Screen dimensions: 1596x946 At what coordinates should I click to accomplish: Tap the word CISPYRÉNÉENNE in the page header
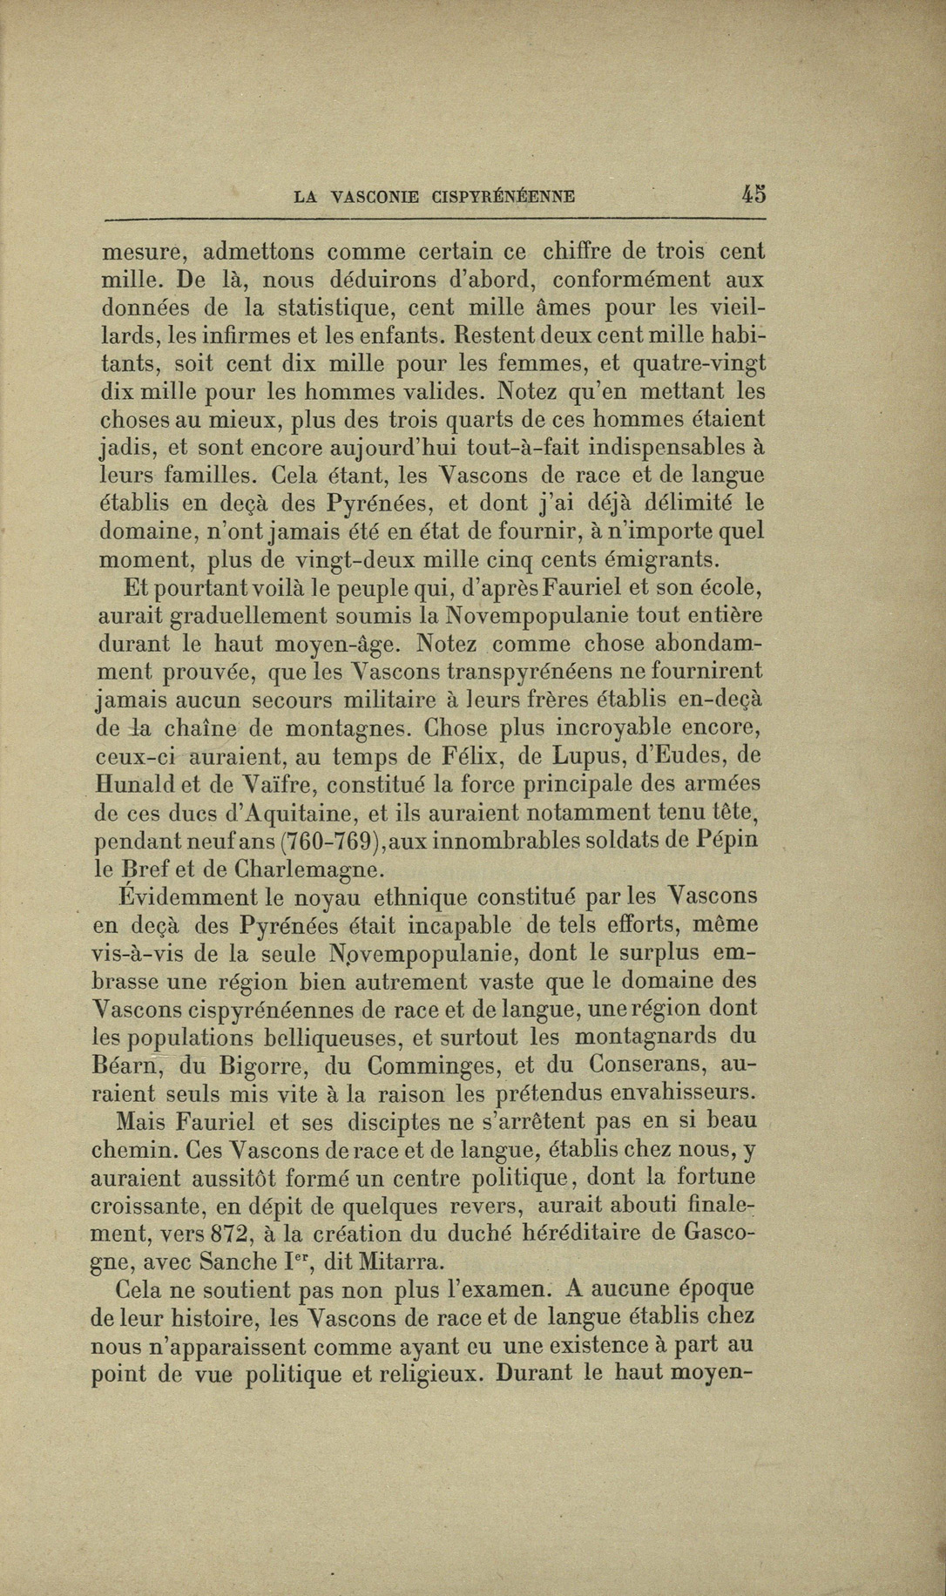point(503,197)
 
